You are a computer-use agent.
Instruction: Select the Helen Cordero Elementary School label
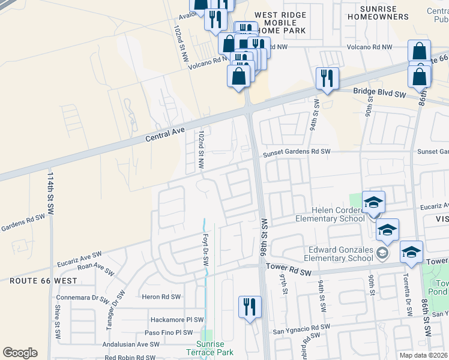(330, 214)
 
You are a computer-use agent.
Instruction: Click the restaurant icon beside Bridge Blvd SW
(327, 79)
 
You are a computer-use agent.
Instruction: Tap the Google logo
(20, 353)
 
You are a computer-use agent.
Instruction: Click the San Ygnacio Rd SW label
(302, 327)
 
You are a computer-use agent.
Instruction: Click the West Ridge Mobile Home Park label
(280, 22)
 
